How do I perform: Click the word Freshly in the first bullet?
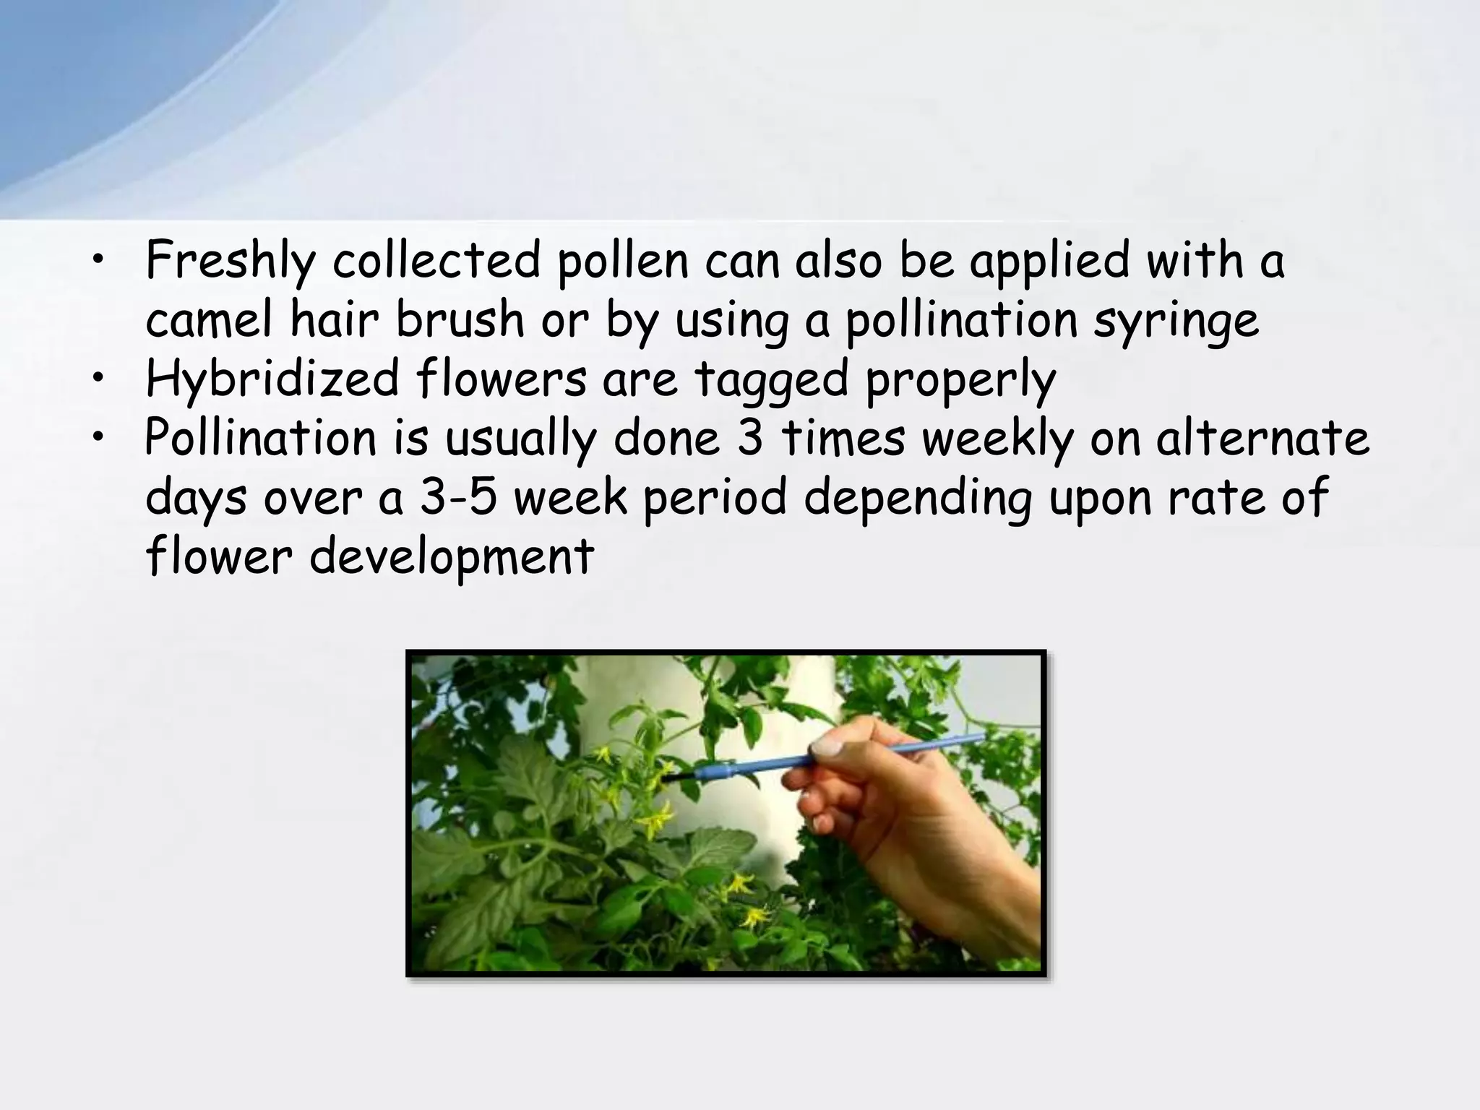coord(230,262)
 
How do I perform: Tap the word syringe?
coord(1176,322)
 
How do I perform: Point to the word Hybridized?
coord(272,379)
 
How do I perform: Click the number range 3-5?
coord(458,499)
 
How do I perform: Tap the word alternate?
coord(1262,439)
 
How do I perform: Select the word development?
coord(452,558)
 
